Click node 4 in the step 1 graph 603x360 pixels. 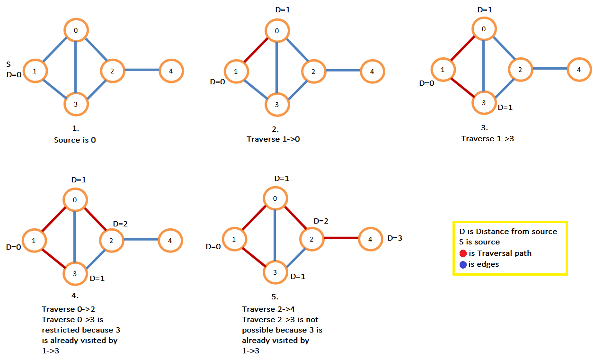pos(171,72)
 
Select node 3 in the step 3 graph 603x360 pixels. pos(484,103)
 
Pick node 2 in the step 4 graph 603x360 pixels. pos(111,241)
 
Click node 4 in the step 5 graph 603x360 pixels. pos(370,239)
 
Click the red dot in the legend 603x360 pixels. pos(463,253)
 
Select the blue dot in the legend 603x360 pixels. pos(463,264)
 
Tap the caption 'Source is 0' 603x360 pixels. pos(75,141)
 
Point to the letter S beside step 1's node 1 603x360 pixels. pos(9,63)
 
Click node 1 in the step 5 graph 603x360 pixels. pos(234,240)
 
